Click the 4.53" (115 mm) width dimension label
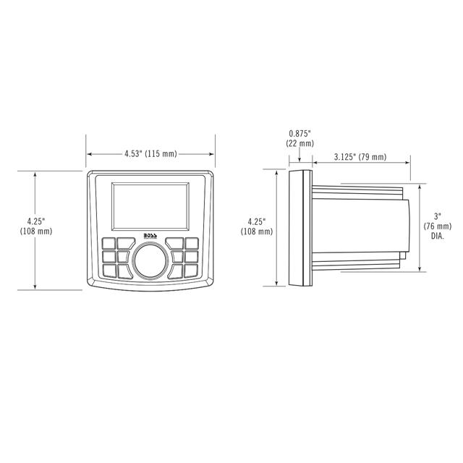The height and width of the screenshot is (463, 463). click(x=150, y=154)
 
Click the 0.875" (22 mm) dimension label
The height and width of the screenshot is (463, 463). click(x=300, y=138)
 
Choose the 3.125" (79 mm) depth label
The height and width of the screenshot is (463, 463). click(x=360, y=157)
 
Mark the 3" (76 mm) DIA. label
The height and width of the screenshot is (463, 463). click(x=437, y=226)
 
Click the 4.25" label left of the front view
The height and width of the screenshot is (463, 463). click(x=35, y=226)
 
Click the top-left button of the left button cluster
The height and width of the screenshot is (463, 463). click(x=110, y=244)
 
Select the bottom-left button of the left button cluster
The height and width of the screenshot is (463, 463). click(x=110, y=271)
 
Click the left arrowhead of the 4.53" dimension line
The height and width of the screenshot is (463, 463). click(x=90, y=154)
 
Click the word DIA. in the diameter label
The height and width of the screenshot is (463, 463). click(x=438, y=237)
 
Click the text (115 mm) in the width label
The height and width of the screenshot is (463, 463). click(x=161, y=154)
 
